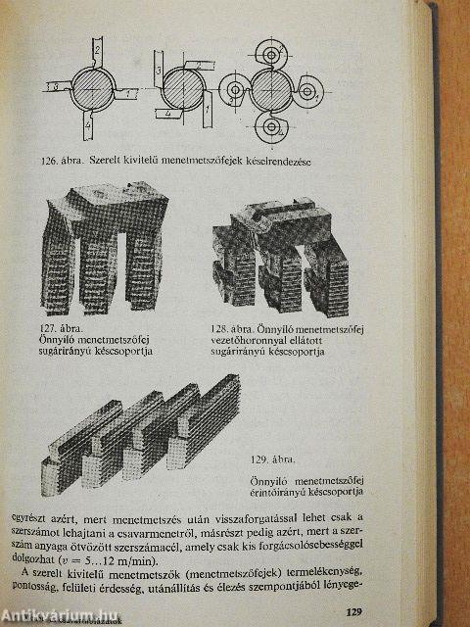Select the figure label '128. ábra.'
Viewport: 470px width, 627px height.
tap(236, 329)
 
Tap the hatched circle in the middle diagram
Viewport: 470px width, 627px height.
tap(181, 94)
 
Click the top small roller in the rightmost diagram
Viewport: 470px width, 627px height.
tap(274, 49)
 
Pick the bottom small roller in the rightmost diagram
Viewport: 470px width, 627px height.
tap(271, 128)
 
